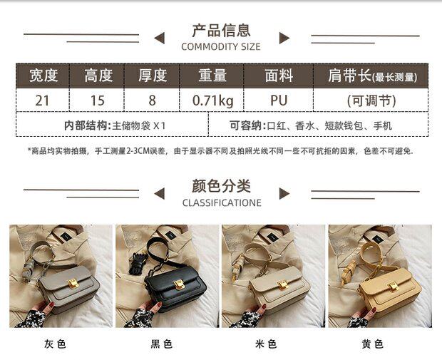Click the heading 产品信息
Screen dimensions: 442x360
coord(221,30)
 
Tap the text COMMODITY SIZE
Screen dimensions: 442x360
coord(221,47)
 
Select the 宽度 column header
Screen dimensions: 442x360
coord(42,76)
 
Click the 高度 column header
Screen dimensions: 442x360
coord(98,76)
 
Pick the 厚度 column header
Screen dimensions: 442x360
coord(153,76)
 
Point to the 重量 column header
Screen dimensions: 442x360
coord(212,76)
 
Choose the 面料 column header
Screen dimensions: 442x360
coord(279,76)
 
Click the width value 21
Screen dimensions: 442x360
coord(42,100)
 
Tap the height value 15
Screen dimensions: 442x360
coord(98,100)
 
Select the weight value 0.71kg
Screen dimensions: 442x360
coord(212,100)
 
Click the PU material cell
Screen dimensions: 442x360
coord(279,100)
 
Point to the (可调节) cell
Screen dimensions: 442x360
coord(370,100)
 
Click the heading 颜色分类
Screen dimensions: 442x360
coord(221,186)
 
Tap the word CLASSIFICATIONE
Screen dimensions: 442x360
coord(221,203)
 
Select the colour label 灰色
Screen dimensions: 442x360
coord(55,344)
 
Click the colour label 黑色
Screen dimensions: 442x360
coord(161,344)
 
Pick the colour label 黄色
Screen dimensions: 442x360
coord(372,344)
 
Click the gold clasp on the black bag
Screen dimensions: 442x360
coord(179,284)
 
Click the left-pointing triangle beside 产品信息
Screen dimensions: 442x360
coord(160,38)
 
